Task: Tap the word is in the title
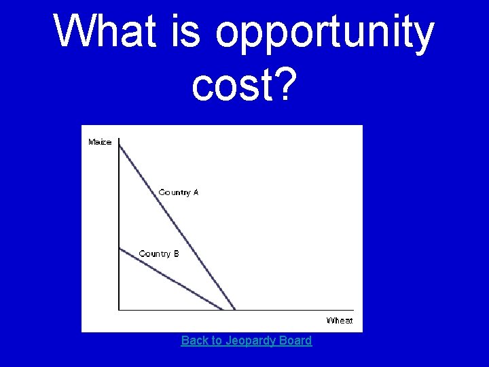(185, 31)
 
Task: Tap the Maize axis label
(100, 142)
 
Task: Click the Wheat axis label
(340, 320)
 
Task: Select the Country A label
(179, 192)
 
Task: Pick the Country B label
(159, 254)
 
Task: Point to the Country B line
(170, 279)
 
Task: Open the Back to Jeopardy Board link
(247, 340)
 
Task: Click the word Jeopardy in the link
(250, 340)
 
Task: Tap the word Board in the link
(295, 340)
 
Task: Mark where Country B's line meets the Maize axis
(119, 248)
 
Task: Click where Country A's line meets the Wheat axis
(235, 310)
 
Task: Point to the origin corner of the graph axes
(119, 310)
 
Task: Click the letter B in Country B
(176, 254)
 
